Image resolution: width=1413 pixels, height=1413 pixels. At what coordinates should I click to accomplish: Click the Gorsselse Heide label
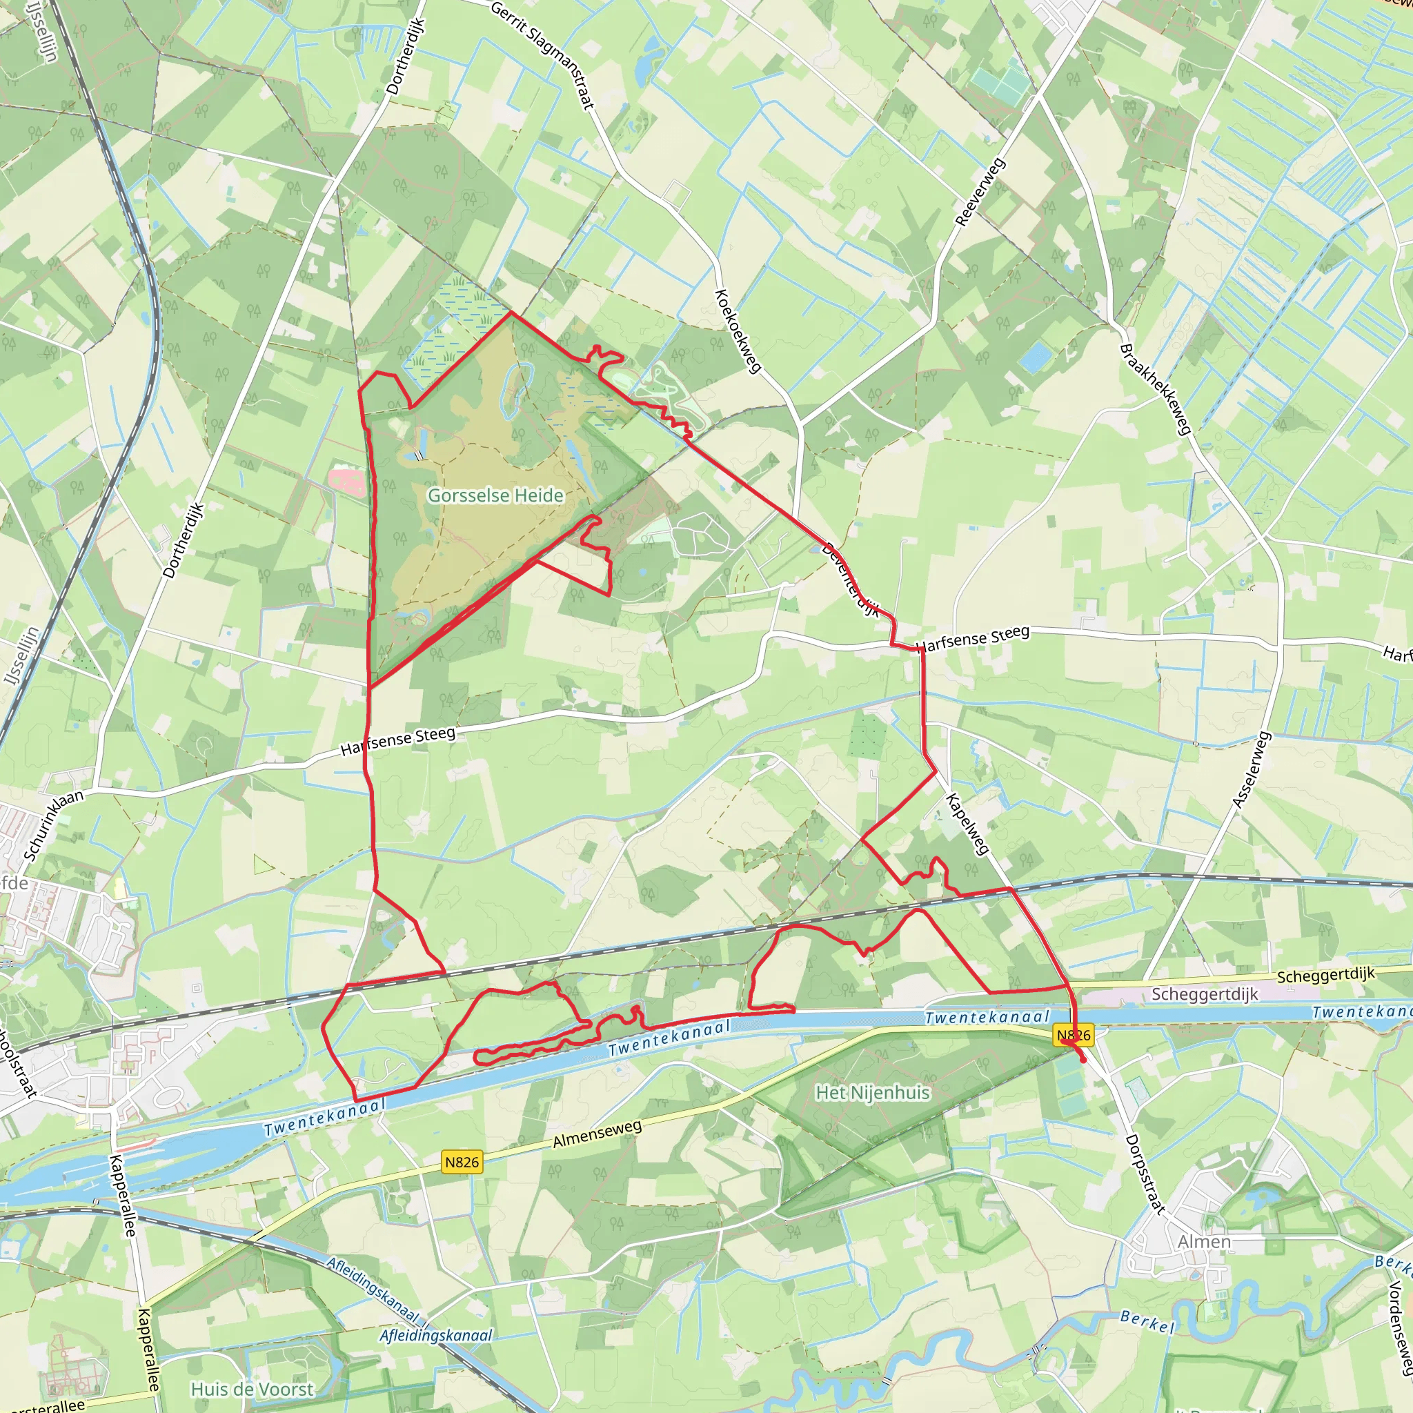(x=495, y=495)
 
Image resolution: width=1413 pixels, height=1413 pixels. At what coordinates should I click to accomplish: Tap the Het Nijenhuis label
(x=873, y=1093)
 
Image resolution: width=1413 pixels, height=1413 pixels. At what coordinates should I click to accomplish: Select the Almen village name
(x=1204, y=1241)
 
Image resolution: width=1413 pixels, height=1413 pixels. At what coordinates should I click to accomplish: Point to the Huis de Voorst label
(x=252, y=1389)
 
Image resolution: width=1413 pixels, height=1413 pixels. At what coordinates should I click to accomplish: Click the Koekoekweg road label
(x=738, y=330)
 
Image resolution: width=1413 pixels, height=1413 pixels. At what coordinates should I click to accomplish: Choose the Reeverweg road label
(x=980, y=192)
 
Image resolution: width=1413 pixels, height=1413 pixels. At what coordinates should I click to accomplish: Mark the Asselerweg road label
(x=1252, y=770)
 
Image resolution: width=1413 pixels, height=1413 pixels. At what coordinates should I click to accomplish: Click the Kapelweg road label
(x=967, y=824)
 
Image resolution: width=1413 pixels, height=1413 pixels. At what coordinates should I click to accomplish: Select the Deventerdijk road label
(x=851, y=580)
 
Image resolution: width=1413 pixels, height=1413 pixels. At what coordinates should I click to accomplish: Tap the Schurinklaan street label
(x=53, y=824)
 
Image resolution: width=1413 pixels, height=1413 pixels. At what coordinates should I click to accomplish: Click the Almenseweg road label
(x=597, y=1134)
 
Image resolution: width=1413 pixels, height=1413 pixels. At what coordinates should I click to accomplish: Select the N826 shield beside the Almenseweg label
(x=462, y=1162)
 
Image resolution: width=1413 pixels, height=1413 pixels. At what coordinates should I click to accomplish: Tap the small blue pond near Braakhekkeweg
(x=1035, y=357)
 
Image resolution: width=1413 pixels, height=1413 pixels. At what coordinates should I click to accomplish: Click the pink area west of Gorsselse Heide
(x=346, y=482)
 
